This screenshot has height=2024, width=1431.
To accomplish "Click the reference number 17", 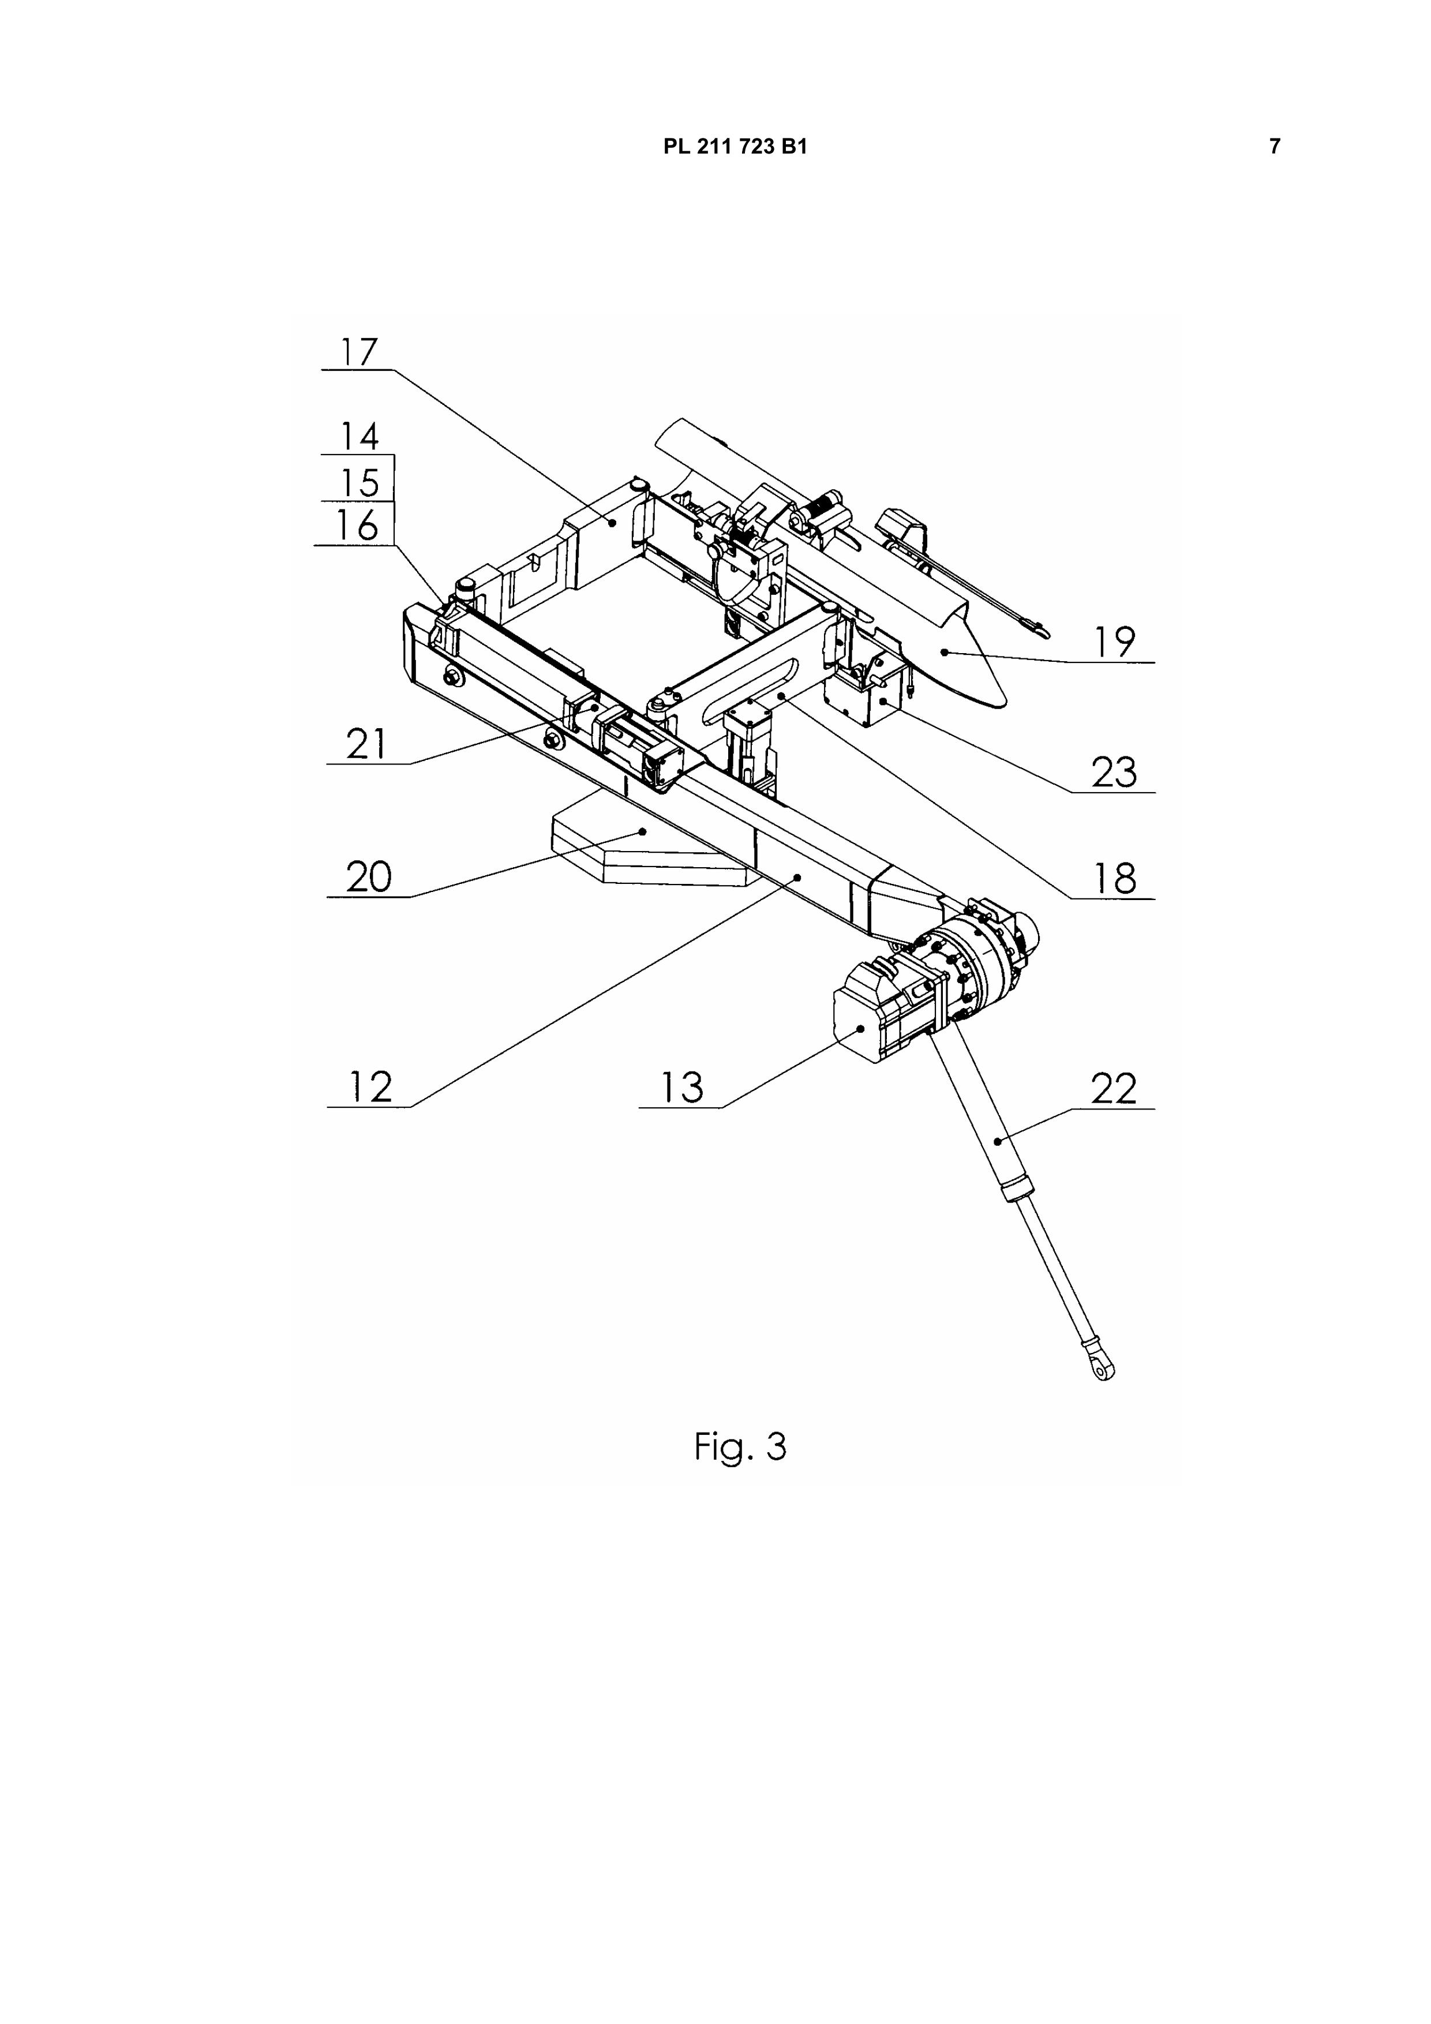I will [359, 352].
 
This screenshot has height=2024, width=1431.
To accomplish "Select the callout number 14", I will [359, 436].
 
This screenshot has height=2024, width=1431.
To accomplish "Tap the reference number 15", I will [359, 482].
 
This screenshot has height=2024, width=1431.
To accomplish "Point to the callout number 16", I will [357, 526].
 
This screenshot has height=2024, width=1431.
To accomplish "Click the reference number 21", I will [366, 744].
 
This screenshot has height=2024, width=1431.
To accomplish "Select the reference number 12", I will [370, 1087].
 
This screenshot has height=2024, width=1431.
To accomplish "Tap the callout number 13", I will [681, 1087].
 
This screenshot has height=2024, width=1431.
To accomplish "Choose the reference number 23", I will [1114, 773].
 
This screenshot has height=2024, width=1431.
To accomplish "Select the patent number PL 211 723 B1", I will [735, 147].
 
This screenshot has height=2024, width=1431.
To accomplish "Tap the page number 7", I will [1274, 147].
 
